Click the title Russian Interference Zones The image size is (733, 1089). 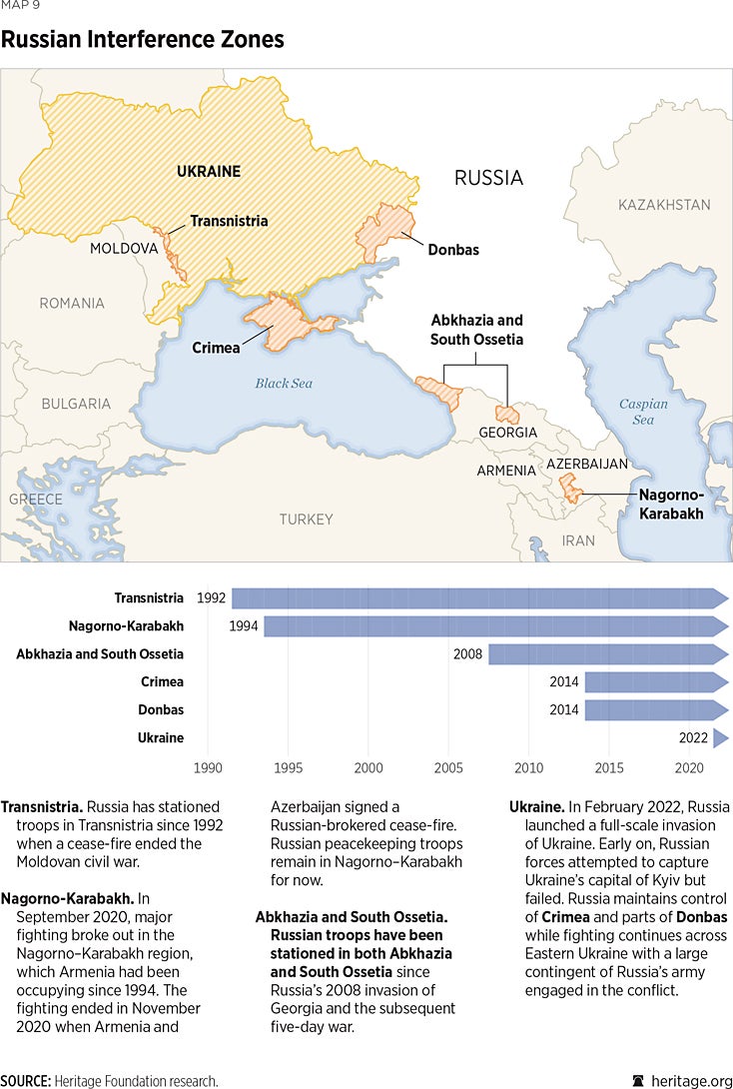tap(142, 40)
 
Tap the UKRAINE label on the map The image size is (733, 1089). tap(208, 171)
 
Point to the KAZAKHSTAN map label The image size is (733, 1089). tap(664, 205)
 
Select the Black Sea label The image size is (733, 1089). tap(284, 383)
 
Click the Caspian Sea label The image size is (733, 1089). tap(642, 412)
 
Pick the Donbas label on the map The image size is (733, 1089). tap(452, 250)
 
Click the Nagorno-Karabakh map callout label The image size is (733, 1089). tap(672, 505)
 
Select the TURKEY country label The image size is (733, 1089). tap(306, 520)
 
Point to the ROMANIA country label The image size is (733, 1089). tap(71, 303)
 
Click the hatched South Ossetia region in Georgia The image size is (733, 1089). tap(508, 414)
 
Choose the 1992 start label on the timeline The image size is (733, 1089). tap(211, 598)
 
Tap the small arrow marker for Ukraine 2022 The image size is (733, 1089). tap(720, 738)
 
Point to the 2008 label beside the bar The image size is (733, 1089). tap(467, 654)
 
